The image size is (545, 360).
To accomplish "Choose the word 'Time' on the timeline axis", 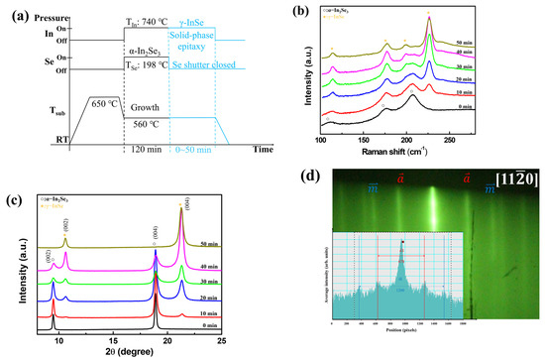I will click(x=261, y=150).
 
